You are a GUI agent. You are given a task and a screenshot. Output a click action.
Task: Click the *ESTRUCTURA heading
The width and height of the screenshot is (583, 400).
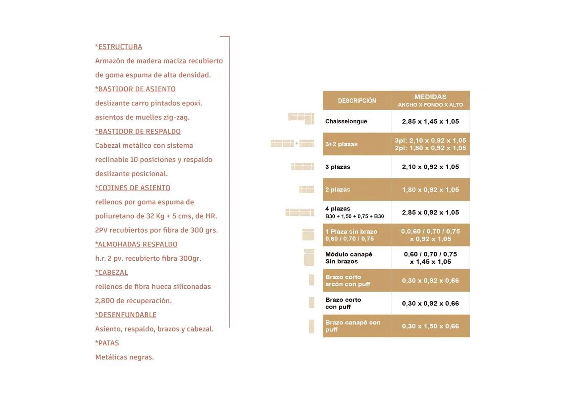click(x=118, y=47)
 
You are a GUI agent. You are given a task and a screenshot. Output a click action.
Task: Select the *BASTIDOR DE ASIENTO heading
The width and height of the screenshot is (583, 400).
click(x=135, y=89)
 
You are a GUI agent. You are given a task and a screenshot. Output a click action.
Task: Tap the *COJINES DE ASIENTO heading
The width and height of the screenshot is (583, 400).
click(x=133, y=188)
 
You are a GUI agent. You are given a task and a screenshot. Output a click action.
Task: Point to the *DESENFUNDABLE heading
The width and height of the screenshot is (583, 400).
click(x=126, y=314)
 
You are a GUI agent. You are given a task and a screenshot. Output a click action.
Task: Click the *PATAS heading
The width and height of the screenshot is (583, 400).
click(x=107, y=343)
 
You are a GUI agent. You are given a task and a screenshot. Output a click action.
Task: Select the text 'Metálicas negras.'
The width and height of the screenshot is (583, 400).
click(x=124, y=357)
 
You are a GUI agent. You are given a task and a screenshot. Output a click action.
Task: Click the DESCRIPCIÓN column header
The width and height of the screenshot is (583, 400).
click(x=357, y=101)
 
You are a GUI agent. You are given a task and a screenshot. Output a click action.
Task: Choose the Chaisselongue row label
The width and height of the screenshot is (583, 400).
click(x=346, y=121)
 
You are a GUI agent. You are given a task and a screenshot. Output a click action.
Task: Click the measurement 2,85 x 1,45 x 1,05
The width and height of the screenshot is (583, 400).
click(x=430, y=121)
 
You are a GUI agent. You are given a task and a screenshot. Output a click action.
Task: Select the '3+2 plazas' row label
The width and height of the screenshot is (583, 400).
click(x=341, y=144)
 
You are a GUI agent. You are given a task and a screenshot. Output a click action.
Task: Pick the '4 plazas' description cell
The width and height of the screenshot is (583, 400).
click(x=355, y=212)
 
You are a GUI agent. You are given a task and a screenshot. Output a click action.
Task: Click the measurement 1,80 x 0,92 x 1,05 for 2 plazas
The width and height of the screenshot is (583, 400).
click(x=430, y=190)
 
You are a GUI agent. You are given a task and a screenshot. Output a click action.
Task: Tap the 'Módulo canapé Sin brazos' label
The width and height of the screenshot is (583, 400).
click(x=349, y=258)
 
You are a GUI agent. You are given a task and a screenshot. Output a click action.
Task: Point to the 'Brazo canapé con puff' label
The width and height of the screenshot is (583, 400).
click(x=352, y=326)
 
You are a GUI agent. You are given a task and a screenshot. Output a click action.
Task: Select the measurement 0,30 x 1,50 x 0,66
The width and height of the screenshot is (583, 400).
click(x=430, y=326)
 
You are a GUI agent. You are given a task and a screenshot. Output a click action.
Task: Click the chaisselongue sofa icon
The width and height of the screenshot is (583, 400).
click(x=301, y=118)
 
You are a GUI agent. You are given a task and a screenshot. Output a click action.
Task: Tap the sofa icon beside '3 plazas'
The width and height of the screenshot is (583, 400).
click(x=303, y=167)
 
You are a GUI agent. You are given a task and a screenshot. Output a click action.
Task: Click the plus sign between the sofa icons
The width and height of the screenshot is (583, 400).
click(x=297, y=143)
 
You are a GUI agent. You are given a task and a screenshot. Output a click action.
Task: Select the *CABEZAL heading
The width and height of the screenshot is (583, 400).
click(x=111, y=272)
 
